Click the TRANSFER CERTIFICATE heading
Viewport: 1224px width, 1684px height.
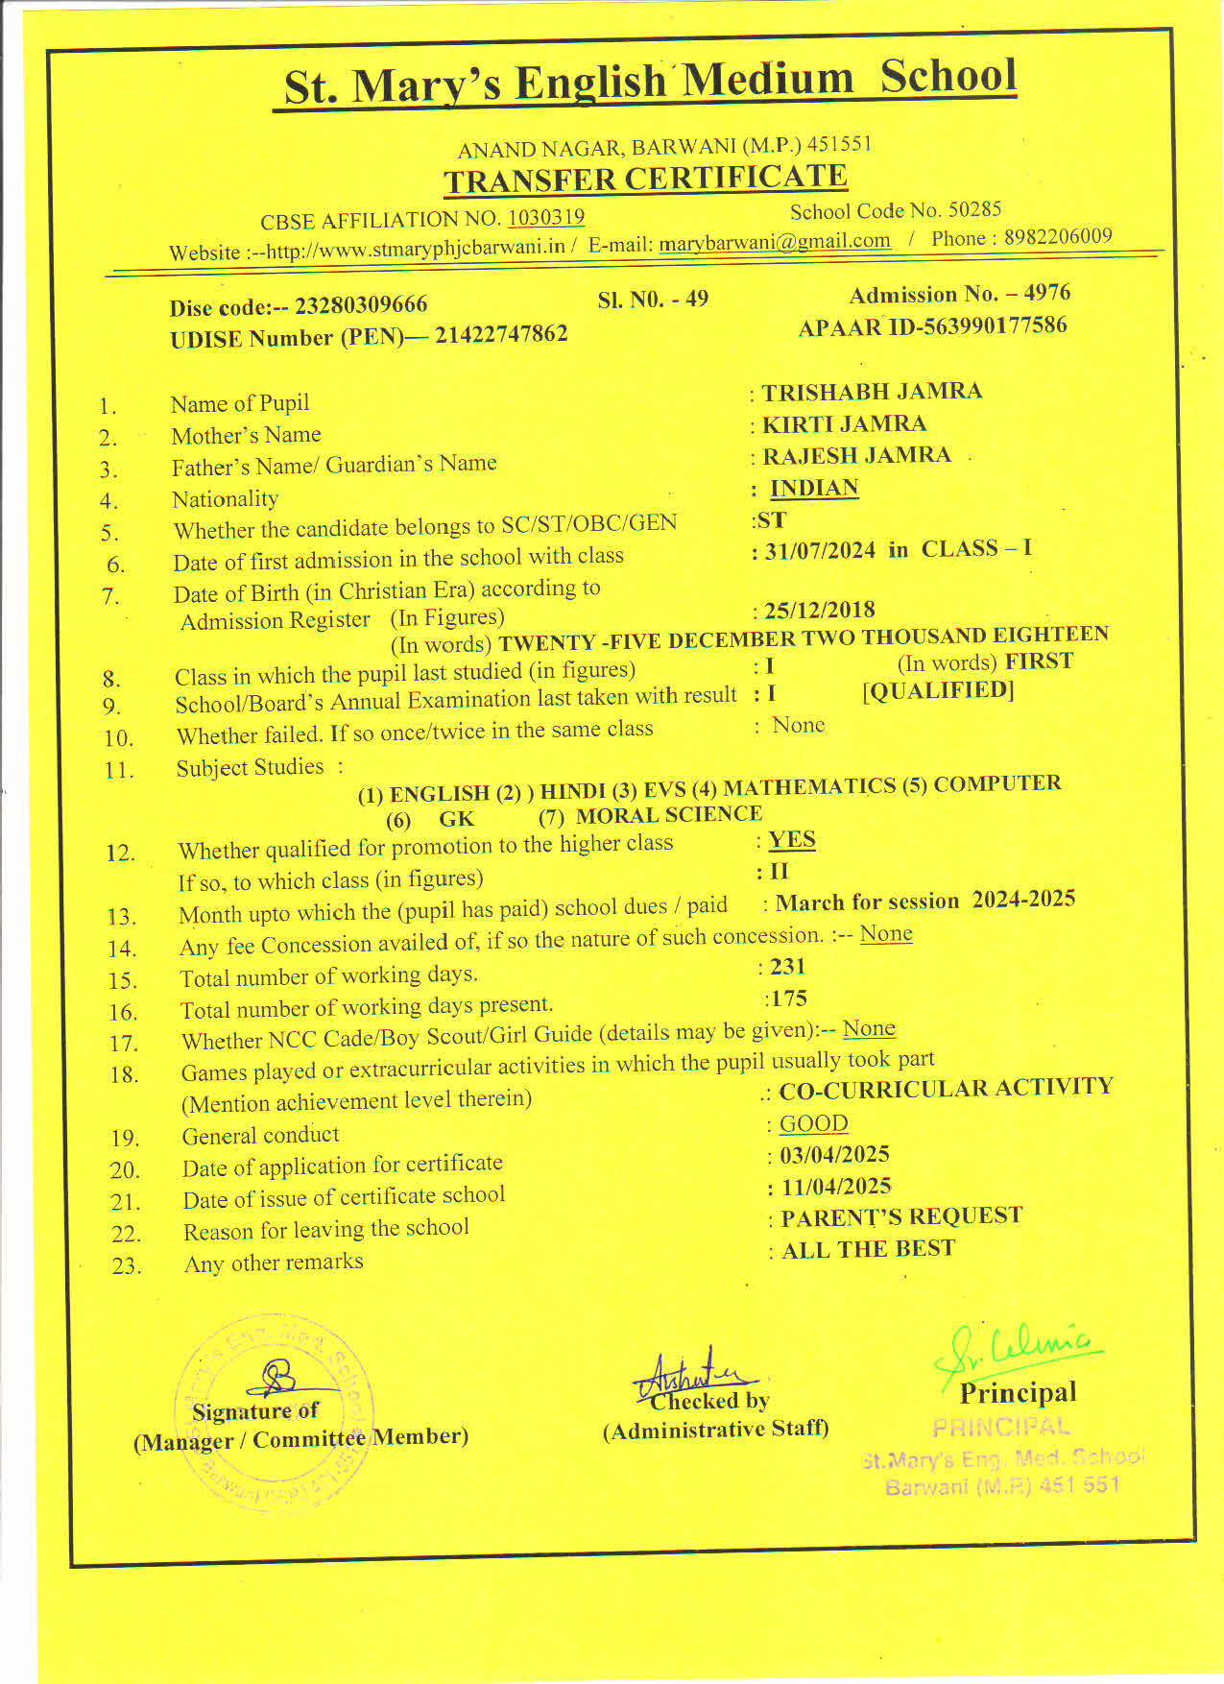pos(645,179)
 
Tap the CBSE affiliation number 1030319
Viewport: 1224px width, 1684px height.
pos(545,218)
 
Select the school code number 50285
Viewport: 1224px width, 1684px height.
pos(974,209)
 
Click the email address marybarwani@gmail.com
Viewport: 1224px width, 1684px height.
pos(775,242)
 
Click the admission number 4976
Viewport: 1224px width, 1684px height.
pos(1046,293)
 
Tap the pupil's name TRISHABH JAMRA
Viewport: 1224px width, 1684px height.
pos(872,392)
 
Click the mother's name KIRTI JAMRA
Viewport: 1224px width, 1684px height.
pos(844,424)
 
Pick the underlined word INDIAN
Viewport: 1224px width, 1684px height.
pos(814,488)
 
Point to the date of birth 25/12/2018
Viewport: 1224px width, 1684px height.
pos(820,610)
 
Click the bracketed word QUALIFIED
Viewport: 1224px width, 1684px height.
pos(938,690)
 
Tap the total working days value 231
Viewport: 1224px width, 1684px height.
pos(787,967)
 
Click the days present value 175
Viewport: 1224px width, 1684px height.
pos(787,998)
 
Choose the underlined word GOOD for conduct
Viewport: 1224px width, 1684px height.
pos(813,1123)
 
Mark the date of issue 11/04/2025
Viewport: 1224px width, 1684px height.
pos(836,1187)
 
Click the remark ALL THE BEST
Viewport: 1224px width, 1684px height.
pos(868,1249)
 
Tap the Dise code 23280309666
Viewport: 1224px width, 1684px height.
pos(361,305)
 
